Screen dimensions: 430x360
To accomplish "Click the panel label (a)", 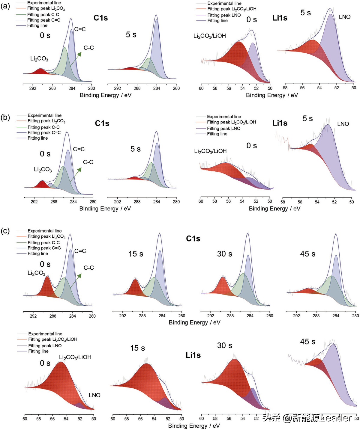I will (x=5, y=6).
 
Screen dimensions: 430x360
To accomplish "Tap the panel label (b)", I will (x=5, y=117).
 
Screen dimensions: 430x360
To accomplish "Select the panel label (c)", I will (x=5, y=231).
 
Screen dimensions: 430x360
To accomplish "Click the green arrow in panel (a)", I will (x=75, y=59).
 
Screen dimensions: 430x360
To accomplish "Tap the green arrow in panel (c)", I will (x=76, y=280).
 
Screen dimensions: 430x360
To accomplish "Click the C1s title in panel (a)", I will (x=100, y=18).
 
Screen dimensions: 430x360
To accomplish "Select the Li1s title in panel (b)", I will (x=280, y=123).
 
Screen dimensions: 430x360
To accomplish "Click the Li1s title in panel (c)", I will (x=193, y=355).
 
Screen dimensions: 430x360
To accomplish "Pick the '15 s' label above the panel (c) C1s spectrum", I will (x=136, y=254).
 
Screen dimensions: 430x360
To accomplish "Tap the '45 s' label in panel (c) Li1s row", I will (x=307, y=342).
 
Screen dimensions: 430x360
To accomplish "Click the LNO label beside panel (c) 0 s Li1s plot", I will (x=94, y=395).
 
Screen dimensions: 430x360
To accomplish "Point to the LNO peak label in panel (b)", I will (x=343, y=124).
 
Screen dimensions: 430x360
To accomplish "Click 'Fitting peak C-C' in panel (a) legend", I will (x=43, y=14).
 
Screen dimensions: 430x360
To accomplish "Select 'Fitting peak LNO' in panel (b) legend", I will (x=223, y=128).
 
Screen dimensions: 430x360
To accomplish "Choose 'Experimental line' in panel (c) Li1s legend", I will (x=45, y=334).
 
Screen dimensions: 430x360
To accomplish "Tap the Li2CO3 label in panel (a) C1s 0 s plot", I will (x=39, y=59).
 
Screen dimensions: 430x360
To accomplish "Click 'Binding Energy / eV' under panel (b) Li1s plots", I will (x=274, y=209).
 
